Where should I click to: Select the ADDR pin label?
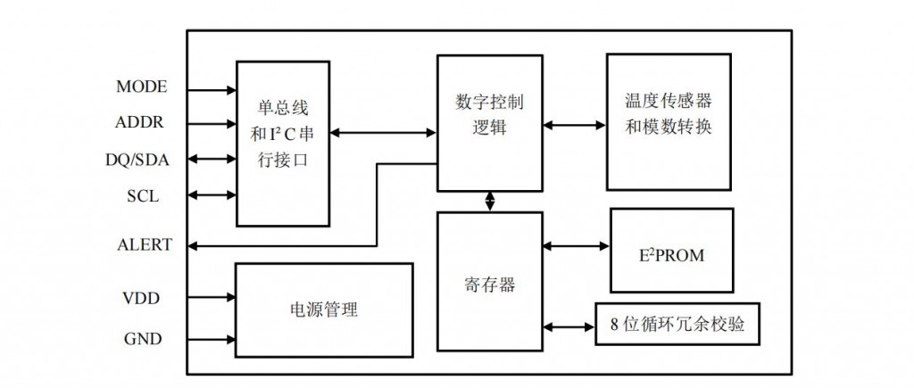pyautogui.click(x=140, y=122)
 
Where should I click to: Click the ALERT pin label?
pyautogui.click(x=145, y=245)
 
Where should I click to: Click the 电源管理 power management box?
pyautogui.click(x=323, y=310)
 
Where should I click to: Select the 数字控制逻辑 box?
pyautogui.click(x=489, y=122)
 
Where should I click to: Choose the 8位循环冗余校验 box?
pyautogui.click(x=678, y=324)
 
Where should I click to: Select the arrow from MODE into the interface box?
pyautogui.click(x=212, y=89)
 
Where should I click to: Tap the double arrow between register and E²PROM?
pyautogui.click(x=576, y=245)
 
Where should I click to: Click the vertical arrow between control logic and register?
pyautogui.click(x=489, y=201)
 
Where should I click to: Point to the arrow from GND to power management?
pyautogui.click(x=212, y=340)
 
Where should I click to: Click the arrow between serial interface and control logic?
pyautogui.click(x=383, y=134)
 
